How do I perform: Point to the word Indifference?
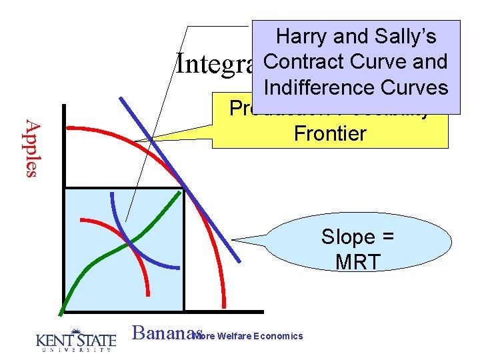tap(319, 87)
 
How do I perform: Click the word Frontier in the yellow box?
tap(330, 133)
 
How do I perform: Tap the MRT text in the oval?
tap(358, 261)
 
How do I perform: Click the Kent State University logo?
tap(75, 340)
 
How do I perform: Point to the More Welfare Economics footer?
tap(248, 336)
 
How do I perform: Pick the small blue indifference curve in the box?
tap(117, 220)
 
